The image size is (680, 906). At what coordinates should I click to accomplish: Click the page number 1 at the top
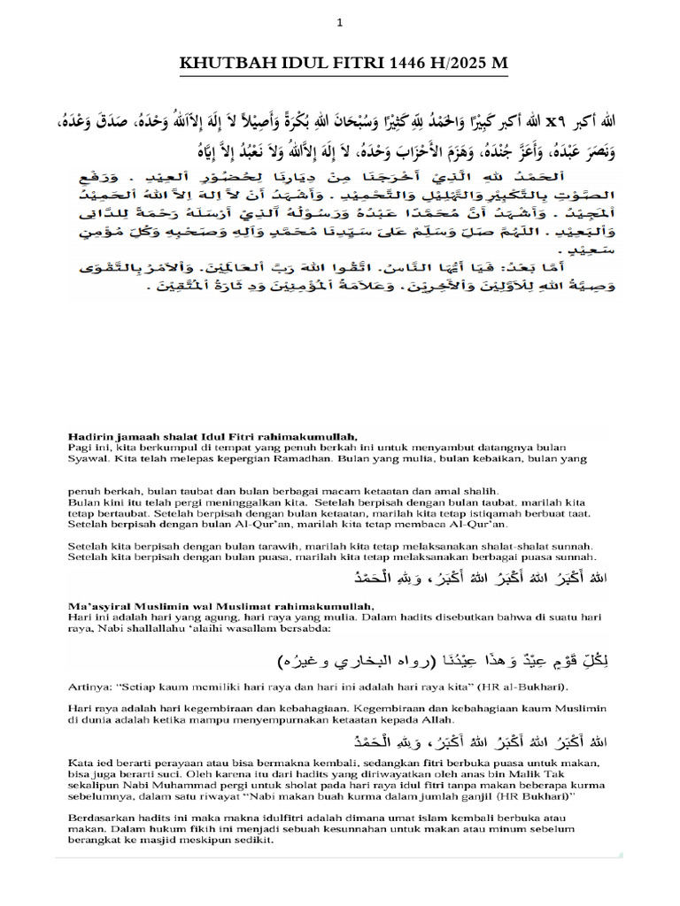pos(339,25)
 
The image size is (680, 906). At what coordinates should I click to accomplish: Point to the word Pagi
pos(79,448)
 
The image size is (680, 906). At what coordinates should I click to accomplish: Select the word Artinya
pos(89,687)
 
